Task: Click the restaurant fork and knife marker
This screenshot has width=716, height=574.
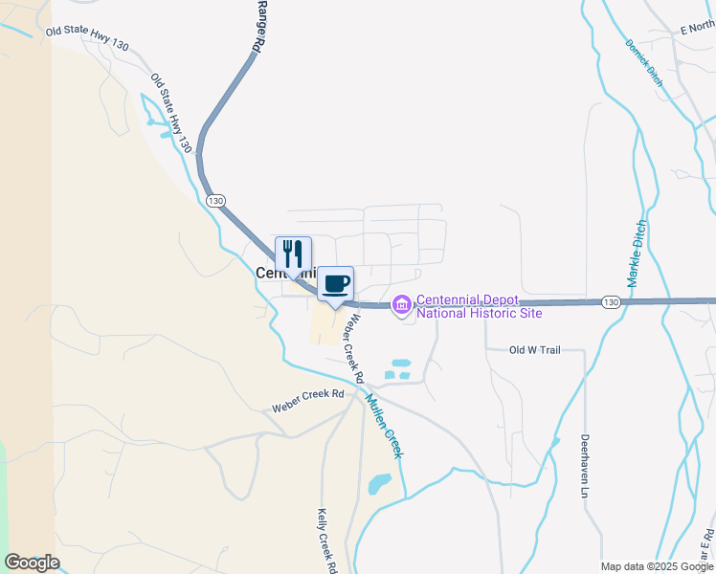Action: click(294, 254)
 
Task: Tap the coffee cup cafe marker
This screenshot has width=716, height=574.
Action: click(335, 284)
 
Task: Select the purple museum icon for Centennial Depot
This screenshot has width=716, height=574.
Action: click(401, 304)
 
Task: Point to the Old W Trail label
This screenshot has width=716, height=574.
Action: click(534, 350)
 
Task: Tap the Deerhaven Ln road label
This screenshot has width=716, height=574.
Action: click(585, 466)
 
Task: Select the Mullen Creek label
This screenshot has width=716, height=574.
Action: click(384, 427)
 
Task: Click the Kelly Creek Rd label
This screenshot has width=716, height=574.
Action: click(327, 540)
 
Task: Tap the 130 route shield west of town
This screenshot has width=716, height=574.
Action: click(214, 201)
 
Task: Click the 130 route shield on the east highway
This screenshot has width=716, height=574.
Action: click(611, 302)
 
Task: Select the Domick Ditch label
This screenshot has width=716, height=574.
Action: click(643, 57)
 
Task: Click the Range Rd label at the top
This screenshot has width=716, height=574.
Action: click(259, 26)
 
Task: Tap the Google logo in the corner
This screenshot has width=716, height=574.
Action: click(32, 563)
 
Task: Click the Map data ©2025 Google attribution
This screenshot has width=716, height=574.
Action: click(658, 566)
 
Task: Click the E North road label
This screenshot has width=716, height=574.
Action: click(698, 30)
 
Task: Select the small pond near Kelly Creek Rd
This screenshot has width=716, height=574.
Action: click(380, 483)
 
